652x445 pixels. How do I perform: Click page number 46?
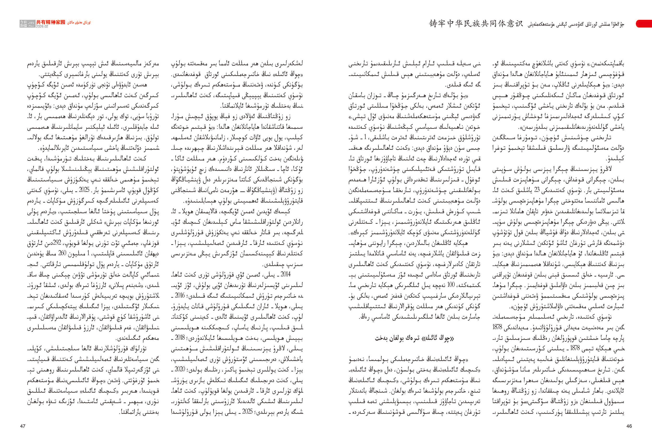(x=629, y=426)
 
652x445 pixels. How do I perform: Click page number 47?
(x=23, y=426)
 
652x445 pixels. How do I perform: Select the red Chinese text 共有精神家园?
(x=51, y=22)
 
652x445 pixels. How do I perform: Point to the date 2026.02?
(x=42, y=26)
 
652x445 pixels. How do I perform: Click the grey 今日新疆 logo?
(x=23, y=23)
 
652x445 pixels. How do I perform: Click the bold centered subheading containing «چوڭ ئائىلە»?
(x=414, y=338)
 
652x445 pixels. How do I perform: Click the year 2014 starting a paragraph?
(x=285, y=274)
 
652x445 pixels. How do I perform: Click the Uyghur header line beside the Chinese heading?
(x=578, y=24)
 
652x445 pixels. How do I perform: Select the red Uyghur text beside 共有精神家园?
(x=79, y=22)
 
